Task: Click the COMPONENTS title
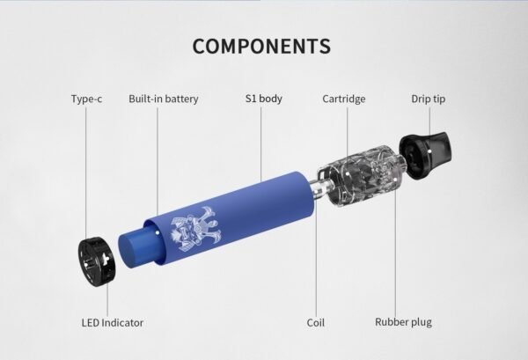coord(261,46)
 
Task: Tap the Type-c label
coord(86,99)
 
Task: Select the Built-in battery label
coord(164,99)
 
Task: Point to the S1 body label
coord(264,99)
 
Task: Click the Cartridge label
coord(344,99)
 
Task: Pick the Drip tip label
coord(429,99)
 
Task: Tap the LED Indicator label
coord(113,323)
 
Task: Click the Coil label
coord(316,323)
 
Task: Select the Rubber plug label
coord(403,322)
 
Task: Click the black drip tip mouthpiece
coord(425,154)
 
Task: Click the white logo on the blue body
coord(196,229)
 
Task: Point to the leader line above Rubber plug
coord(395,246)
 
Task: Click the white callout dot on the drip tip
coord(429,151)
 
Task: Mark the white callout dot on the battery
coord(158,232)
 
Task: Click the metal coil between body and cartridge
coord(319,189)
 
